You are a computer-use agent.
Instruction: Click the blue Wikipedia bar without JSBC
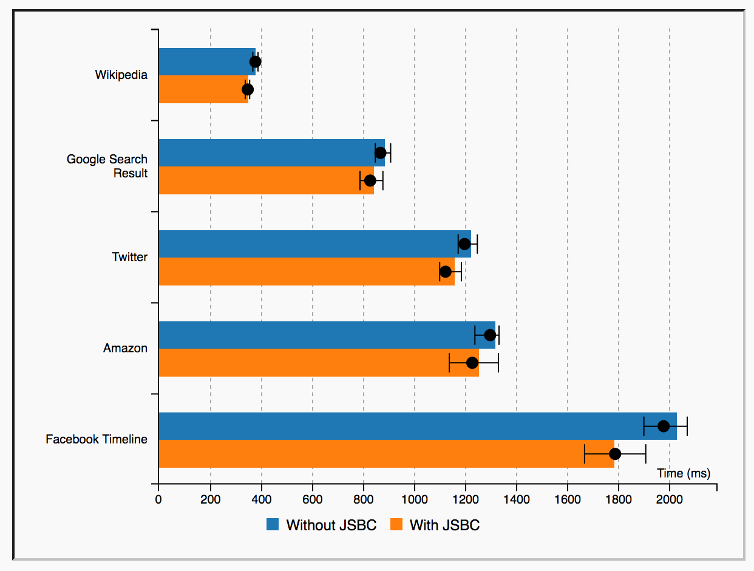click(200, 61)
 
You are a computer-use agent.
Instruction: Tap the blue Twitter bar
click(304, 244)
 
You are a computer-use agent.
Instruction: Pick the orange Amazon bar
click(304, 363)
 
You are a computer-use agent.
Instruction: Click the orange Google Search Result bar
click(261, 180)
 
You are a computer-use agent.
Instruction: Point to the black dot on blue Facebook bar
click(664, 426)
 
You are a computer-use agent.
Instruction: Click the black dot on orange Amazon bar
click(472, 363)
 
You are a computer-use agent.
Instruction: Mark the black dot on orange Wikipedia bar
click(248, 89)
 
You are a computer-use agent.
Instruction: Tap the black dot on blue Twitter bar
click(464, 244)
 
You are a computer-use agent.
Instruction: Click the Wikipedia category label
click(121, 75)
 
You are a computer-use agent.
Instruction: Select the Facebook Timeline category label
click(97, 439)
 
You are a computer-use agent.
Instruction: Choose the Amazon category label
click(125, 349)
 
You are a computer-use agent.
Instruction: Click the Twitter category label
click(129, 258)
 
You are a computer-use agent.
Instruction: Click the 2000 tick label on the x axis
click(669, 500)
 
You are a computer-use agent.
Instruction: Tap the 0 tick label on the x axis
click(158, 500)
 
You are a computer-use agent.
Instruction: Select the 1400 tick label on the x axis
click(516, 500)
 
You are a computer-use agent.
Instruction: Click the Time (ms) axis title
click(684, 473)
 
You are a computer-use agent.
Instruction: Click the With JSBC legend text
click(444, 525)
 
